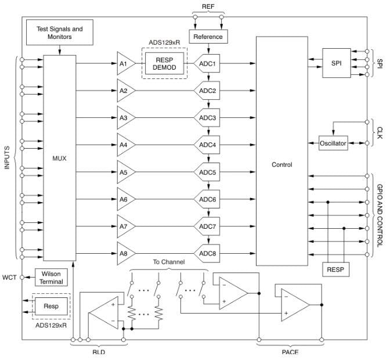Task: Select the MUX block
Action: point(60,158)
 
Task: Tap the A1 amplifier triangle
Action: point(125,64)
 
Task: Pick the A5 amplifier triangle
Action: point(125,172)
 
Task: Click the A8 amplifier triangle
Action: point(125,253)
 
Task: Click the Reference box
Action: point(208,37)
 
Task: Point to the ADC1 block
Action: point(208,64)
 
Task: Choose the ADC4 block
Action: point(208,145)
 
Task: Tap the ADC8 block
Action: point(208,253)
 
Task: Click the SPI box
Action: point(337,63)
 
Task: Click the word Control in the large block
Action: point(282,165)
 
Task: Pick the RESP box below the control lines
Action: point(336,269)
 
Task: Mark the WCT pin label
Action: point(10,277)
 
